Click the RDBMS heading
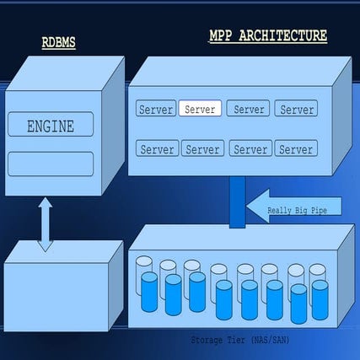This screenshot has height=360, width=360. click(x=59, y=42)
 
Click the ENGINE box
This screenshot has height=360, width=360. click(x=51, y=127)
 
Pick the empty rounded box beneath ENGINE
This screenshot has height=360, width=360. click(x=51, y=163)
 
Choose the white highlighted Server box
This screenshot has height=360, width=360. click(x=200, y=109)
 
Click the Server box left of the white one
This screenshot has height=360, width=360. click(x=156, y=109)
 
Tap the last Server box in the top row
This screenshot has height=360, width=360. click(x=296, y=109)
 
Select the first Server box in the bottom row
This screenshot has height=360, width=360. click(x=157, y=149)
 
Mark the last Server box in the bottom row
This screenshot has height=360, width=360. click(x=295, y=149)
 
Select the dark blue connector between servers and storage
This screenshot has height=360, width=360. click(x=237, y=201)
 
